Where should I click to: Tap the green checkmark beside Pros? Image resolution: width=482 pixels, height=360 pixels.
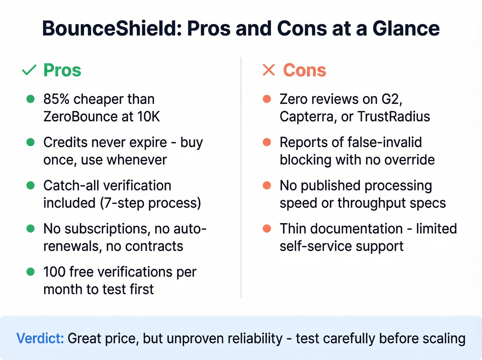point(29,70)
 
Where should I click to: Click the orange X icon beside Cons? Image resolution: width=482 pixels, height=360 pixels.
point(269,70)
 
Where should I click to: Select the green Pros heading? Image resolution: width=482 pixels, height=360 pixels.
point(62,70)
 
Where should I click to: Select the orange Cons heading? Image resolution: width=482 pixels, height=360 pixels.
point(304,70)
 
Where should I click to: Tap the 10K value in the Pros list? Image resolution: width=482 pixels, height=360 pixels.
point(148,117)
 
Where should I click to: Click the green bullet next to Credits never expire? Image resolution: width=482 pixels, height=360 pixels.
point(31,142)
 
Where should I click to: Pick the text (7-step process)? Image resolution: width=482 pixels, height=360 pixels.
point(150,203)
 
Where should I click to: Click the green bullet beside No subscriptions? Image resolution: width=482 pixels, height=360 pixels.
point(31,229)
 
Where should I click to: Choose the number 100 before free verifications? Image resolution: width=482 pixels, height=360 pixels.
point(54,272)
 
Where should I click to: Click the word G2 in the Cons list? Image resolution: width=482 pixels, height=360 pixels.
point(392,99)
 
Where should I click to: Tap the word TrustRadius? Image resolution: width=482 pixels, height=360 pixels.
point(394,117)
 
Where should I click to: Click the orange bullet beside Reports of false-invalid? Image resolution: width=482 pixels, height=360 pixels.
point(267,142)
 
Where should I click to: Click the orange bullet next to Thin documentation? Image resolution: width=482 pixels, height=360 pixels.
point(267,229)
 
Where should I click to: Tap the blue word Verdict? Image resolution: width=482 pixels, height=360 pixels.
point(40,338)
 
